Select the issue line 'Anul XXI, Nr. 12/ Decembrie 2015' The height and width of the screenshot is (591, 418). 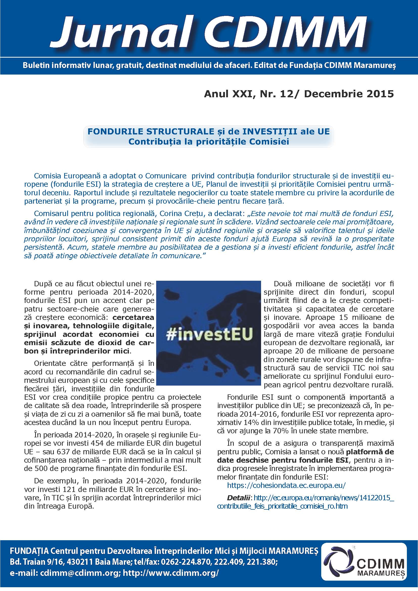tap(299, 94)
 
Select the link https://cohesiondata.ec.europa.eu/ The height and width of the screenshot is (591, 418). tap(286, 485)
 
